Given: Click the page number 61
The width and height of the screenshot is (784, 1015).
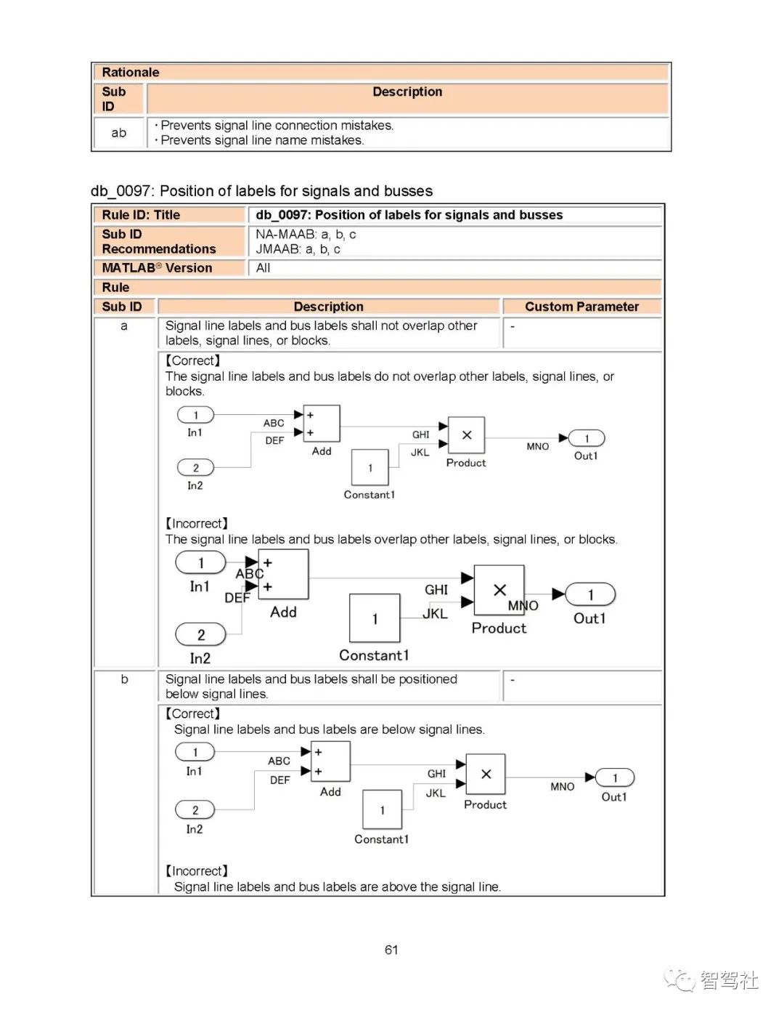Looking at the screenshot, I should point(391,950).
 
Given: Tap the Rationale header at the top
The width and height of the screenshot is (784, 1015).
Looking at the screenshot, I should point(131,72).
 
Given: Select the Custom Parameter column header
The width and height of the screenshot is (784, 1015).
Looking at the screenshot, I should point(581,307).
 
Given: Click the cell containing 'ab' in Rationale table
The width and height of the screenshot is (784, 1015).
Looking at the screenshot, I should point(119,133).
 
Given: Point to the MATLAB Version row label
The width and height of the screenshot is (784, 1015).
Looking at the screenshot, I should point(158,268).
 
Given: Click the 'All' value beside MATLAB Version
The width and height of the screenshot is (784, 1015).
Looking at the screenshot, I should point(263,268).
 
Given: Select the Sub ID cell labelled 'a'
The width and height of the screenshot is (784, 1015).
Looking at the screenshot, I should point(124,326).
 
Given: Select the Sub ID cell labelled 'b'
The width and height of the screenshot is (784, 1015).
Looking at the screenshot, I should point(124,679).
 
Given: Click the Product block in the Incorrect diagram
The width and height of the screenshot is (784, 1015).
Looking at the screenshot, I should point(499,591).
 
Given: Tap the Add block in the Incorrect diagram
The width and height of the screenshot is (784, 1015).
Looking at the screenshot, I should point(283,574).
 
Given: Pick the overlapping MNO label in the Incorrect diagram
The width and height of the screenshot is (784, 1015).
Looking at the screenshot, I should point(523,605).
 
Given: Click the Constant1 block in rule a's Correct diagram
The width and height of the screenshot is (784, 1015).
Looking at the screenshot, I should point(370,467).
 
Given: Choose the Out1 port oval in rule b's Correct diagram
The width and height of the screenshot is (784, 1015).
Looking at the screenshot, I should point(615,778).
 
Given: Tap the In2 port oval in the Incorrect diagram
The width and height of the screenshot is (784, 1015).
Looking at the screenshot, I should point(200,634).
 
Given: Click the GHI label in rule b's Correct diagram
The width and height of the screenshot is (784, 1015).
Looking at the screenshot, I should point(436,774).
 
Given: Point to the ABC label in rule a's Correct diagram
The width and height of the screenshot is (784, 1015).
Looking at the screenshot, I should point(274,423).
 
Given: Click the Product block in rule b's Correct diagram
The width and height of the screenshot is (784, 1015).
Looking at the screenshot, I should point(486,775).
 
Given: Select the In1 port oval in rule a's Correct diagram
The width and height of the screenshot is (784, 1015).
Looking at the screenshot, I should point(196,415).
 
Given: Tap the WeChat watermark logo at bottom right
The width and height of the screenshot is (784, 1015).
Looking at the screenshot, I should point(679,980).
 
